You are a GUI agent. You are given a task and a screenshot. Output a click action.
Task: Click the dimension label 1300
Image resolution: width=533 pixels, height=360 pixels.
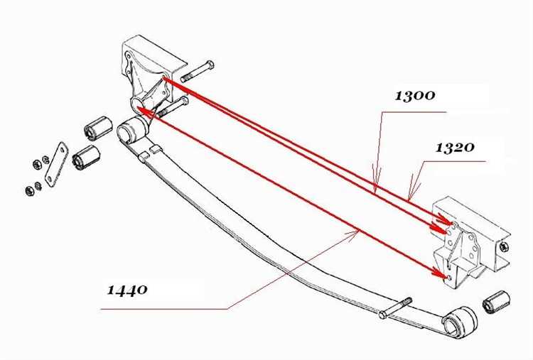415,95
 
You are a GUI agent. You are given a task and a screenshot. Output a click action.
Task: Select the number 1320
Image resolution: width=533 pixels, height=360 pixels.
455,148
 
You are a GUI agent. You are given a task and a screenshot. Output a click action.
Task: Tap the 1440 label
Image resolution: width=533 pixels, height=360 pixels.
127,290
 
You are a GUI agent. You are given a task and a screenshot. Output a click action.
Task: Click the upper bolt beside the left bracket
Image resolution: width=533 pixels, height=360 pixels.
197,71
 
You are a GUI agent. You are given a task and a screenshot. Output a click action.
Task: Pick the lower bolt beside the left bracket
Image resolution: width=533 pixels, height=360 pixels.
172,107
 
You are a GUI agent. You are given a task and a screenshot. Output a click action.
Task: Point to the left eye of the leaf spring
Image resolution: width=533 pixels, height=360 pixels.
133,130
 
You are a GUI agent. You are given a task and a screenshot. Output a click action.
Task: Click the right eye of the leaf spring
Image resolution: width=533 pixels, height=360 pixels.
459,322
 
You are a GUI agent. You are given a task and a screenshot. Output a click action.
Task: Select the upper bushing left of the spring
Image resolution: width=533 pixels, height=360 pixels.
98,128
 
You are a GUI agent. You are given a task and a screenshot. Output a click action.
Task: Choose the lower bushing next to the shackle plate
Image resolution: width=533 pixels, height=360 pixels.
86,157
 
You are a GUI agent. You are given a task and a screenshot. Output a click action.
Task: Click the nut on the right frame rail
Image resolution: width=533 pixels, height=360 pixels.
504,247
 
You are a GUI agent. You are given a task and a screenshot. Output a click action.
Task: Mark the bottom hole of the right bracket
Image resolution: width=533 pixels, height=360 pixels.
450,278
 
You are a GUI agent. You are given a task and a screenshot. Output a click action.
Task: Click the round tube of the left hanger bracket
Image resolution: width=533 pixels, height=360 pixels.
139,103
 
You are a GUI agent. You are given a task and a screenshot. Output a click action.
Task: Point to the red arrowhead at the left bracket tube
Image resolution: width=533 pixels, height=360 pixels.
143,111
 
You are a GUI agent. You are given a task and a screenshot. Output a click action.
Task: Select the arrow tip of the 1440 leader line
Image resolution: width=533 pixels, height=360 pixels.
359,230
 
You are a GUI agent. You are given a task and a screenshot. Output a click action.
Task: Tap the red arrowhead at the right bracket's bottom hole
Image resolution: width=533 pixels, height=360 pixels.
440,272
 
